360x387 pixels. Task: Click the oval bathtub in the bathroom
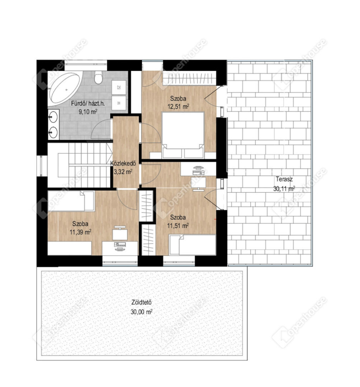point(65,88)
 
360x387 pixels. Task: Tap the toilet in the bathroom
point(98,77)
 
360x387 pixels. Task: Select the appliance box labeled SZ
point(118,87)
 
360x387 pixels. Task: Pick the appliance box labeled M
point(118,103)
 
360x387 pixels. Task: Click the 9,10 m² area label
point(88,112)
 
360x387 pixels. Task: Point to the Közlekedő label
point(123,163)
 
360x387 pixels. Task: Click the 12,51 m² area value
point(178,107)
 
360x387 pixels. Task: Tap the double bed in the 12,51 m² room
point(183,135)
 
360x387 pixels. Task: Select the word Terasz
point(284,179)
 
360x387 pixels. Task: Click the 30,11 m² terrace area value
point(284,189)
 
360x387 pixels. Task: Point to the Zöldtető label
point(141,302)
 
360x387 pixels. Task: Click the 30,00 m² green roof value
point(141,312)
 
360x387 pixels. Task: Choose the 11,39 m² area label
point(80,232)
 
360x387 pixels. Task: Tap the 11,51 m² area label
point(178,225)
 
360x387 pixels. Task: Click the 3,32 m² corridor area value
point(123,171)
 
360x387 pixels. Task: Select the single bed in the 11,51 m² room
point(192,244)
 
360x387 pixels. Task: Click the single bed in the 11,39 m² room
point(71,201)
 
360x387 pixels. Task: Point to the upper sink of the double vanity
point(53,117)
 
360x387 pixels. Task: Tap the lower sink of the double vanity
point(53,132)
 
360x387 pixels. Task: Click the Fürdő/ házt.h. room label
point(88,103)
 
